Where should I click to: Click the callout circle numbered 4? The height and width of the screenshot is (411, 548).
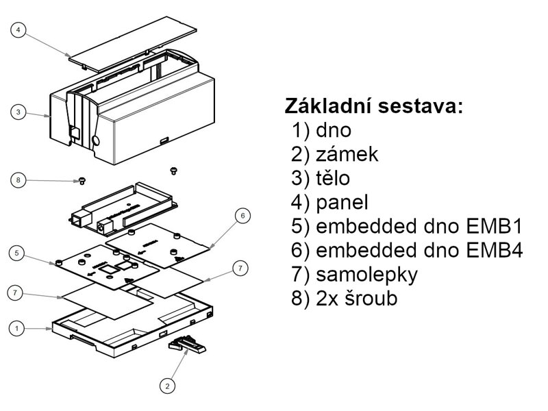pos(19,30)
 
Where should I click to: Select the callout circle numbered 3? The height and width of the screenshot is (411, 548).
pos(19,111)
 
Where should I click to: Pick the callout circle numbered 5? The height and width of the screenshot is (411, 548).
pos(19,253)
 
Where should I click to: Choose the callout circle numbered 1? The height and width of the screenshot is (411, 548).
pos(19,328)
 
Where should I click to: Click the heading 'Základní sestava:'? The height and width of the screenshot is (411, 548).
pos(374,106)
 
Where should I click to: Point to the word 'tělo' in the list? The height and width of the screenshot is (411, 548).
pos(334,178)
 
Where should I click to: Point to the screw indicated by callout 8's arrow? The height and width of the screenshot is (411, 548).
pos(82,180)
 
